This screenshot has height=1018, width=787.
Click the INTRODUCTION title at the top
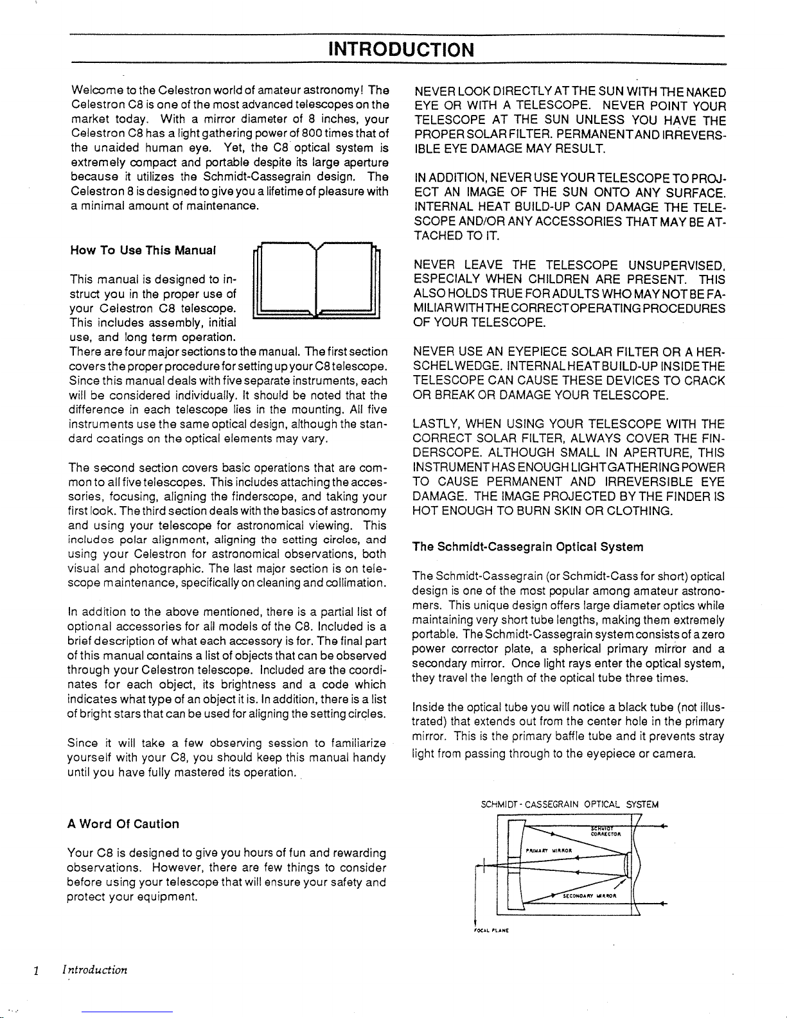tap(401, 49)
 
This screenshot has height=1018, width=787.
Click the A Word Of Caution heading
tap(123, 823)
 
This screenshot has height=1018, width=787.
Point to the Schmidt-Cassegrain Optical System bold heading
tap(528, 547)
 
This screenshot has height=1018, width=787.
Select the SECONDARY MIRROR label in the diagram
tap(589, 895)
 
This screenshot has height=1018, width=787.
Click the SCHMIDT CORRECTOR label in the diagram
tap(603, 831)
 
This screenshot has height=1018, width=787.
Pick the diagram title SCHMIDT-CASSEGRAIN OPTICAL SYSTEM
tap(569, 804)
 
